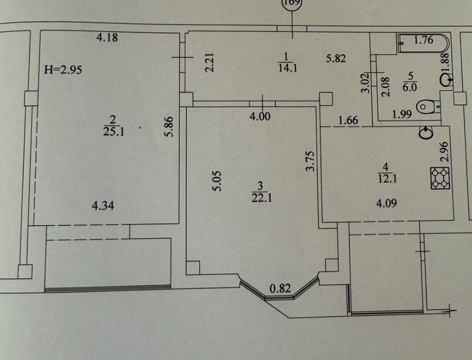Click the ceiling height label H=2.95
click(x=63, y=70)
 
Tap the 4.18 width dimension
click(x=107, y=37)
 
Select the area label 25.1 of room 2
click(x=114, y=131)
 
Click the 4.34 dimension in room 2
click(x=103, y=206)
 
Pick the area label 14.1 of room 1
click(x=288, y=68)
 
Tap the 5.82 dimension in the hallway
click(x=336, y=58)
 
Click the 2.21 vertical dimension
click(x=209, y=62)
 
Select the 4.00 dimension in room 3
click(x=260, y=116)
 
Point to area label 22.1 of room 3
click(x=262, y=198)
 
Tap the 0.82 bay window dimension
click(x=280, y=288)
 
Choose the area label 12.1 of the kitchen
click(x=387, y=179)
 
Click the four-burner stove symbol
click(x=440, y=178)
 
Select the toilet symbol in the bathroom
click(x=427, y=107)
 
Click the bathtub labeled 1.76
click(x=423, y=44)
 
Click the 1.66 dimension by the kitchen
click(x=348, y=120)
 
